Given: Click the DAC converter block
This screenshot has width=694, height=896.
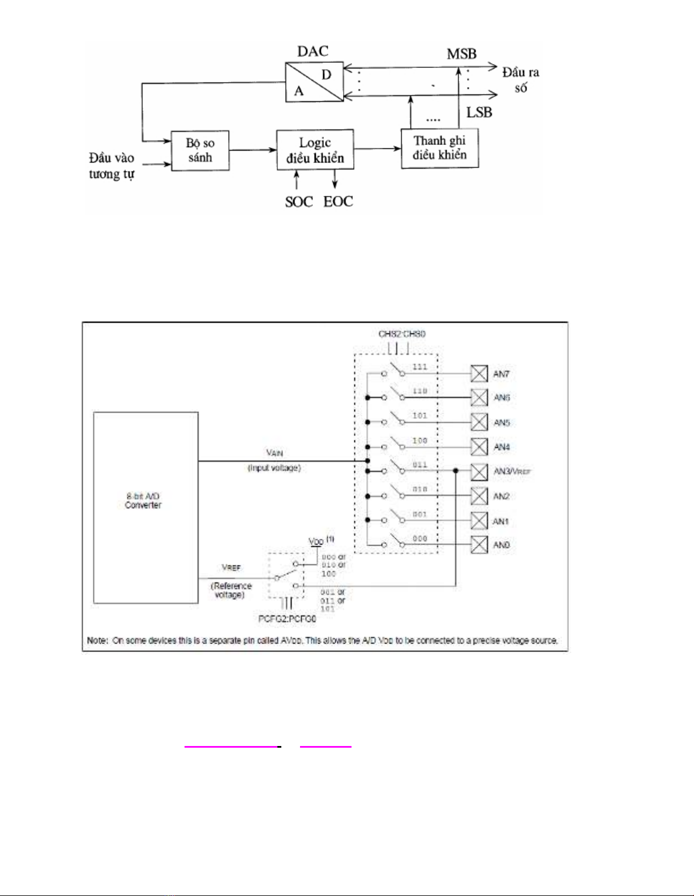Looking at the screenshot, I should [314, 82].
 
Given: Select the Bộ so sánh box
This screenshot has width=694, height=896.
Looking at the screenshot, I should [200, 150].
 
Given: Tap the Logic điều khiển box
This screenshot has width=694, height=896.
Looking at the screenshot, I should [315, 150].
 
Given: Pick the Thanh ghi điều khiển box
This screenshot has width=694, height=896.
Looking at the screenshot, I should [440, 148].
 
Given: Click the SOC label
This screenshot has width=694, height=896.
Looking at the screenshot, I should [299, 202].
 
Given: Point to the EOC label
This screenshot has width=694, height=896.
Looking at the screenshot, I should [338, 202].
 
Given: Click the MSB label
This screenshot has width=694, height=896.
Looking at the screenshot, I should [461, 54].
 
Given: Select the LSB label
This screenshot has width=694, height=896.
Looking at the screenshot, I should [479, 113].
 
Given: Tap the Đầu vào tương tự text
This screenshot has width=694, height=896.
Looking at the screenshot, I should [112, 166].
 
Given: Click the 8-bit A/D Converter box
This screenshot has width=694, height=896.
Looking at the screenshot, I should [145, 508].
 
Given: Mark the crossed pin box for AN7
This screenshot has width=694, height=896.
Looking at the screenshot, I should [479, 374].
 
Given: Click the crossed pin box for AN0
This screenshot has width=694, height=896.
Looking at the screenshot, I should [479, 545].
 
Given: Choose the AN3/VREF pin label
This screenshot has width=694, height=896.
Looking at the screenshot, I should [512, 471].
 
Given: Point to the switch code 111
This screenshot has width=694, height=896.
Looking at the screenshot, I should [419, 367].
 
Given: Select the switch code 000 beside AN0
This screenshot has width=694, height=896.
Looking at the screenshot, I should [419, 538].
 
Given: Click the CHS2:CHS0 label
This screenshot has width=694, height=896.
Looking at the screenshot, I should [402, 334].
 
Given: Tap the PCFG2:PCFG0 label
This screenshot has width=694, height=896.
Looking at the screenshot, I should [287, 619].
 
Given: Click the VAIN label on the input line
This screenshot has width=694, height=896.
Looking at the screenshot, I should [275, 453].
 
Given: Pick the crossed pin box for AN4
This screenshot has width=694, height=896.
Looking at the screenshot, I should [479, 447].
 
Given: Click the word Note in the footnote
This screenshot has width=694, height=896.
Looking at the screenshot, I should [97, 641].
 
